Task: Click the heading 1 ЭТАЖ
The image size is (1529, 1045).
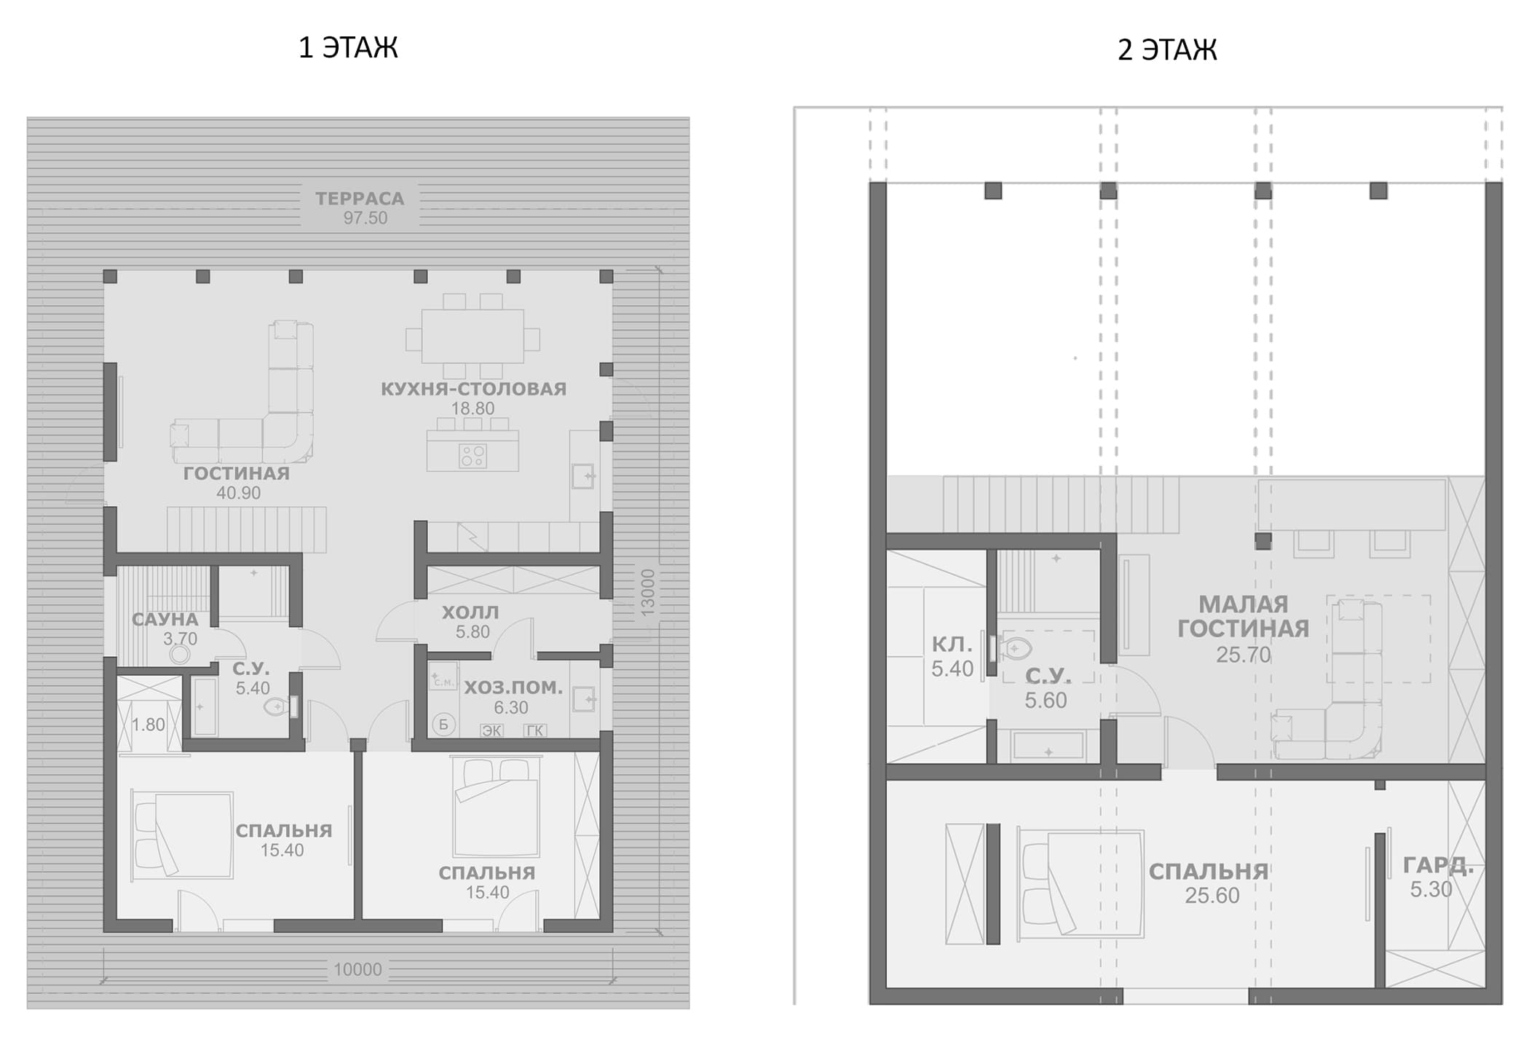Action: pos(348,48)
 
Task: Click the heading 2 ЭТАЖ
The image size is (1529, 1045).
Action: pos(1167,50)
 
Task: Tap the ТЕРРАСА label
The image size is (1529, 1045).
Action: pos(360,198)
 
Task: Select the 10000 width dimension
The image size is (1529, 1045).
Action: pos(357,969)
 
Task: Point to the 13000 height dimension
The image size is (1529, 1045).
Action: pos(648,594)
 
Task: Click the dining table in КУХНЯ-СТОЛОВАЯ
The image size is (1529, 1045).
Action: pos(473,336)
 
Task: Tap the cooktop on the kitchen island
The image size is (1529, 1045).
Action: pos(473,457)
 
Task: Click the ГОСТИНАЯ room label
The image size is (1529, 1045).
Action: pos(237,473)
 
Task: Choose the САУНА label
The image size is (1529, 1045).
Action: pos(165,620)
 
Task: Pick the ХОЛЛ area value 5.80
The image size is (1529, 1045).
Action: pos(473,632)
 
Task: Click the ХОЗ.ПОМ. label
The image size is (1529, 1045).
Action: pos(513,687)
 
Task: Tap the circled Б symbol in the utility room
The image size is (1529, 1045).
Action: pos(443,724)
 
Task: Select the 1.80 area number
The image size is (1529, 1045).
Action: pos(149,725)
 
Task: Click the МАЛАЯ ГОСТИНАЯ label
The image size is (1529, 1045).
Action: pos(1244,616)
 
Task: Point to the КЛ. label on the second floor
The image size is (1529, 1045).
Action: pos(952,644)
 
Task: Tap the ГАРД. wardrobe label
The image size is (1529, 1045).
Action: pos(1438,865)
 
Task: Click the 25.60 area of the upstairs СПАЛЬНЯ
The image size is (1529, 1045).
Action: pos(1212,896)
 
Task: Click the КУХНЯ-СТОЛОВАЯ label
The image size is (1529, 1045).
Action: pos(474,389)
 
